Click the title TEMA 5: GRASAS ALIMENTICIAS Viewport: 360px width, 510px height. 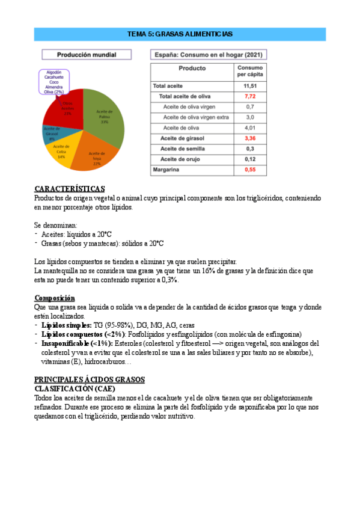tap(180, 34)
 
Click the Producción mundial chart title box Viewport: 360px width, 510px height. tap(87, 54)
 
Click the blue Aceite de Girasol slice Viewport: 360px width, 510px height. tap(52, 133)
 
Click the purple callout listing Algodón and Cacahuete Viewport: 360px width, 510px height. tap(53, 82)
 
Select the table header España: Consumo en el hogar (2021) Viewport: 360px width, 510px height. tap(209, 54)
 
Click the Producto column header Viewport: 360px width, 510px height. tap(192, 69)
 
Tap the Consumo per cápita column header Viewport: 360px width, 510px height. tap(249, 71)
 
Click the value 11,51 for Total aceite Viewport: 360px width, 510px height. tap(249, 86)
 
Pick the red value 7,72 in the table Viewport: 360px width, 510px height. tap(249, 96)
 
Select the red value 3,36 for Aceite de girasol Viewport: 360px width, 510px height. tap(249, 138)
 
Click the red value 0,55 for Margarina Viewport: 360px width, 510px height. tap(249, 170)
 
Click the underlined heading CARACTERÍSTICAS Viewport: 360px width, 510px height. tap(70, 189)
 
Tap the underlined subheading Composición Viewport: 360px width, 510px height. tap(55, 298)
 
